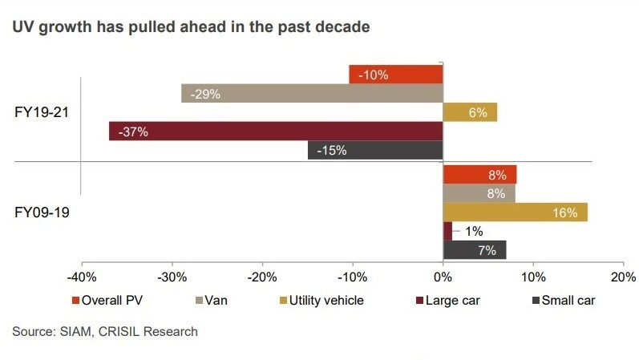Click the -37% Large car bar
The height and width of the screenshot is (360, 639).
click(x=276, y=131)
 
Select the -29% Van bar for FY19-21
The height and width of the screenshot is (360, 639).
click(x=312, y=94)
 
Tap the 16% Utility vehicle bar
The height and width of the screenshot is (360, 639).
click(x=515, y=212)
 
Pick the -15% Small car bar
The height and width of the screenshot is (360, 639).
click(x=375, y=150)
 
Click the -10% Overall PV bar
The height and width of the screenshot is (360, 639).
click(x=396, y=75)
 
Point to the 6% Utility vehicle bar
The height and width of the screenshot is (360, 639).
click(x=470, y=112)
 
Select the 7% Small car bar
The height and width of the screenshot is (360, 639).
click(x=474, y=250)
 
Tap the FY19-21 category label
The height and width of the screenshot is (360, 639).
click(x=42, y=112)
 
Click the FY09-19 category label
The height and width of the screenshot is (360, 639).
click(x=42, y=213)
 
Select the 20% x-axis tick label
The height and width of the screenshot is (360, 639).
click(x=622, y=277)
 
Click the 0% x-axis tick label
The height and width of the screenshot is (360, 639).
click(x=443, y=277)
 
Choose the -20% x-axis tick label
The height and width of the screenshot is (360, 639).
click(x=262, y=277)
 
